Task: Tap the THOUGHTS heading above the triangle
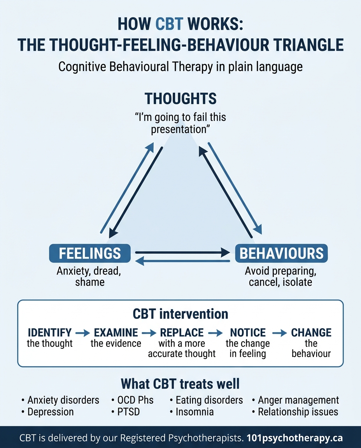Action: (x=180, y=98)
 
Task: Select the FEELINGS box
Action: (x=89, y=254)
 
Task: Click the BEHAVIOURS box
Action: (x=282, y=254)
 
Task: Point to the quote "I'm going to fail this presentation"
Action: (x=180, y=123)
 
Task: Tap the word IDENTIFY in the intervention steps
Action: (x=49, y=333)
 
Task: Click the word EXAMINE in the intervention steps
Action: (x=116, y=333)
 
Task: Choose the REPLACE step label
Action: (x=182, y=333)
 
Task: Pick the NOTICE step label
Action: (x=248, y=333)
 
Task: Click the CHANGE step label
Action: (x=311, y=333)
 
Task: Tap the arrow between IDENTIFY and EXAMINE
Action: (x=82, y=333)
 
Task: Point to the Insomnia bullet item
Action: (x=195, y=412)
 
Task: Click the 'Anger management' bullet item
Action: (x=298, y=400)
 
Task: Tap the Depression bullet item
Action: (x=51, y=412)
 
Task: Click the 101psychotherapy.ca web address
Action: (x=295, y=438)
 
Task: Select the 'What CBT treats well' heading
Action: (x=180, y=384)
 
